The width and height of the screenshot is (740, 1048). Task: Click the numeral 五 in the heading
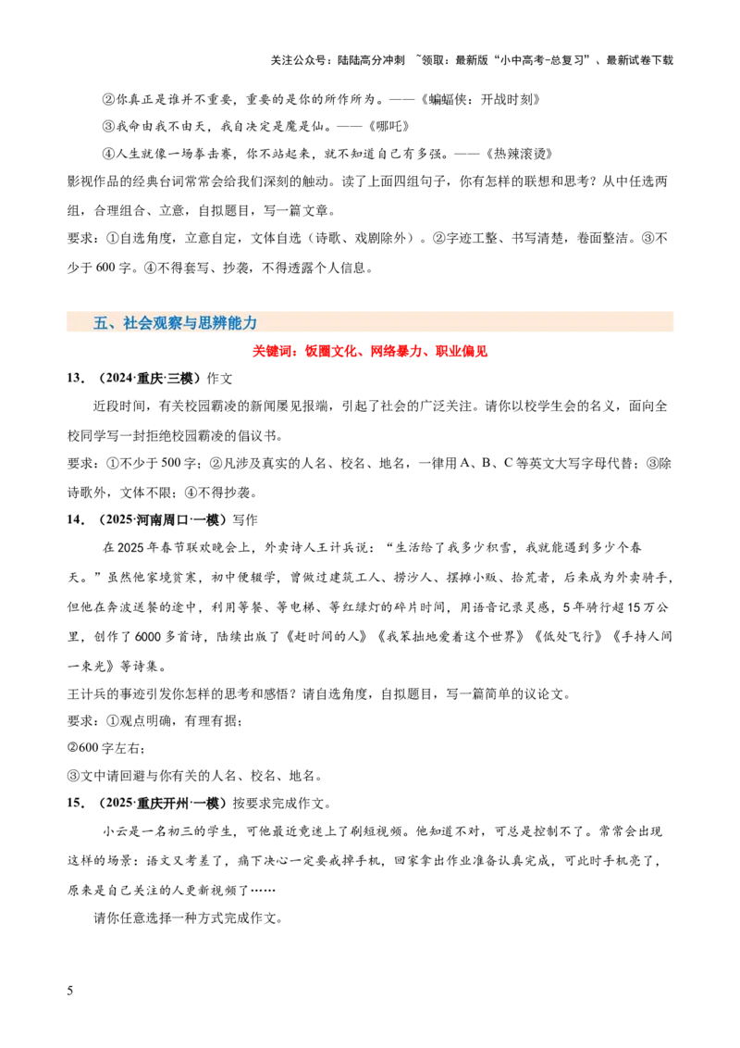click(x=101, y=323)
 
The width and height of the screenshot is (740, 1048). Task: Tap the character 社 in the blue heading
click(x=130, y=323)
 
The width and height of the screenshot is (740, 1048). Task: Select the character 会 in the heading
click(x=146, y=323)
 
